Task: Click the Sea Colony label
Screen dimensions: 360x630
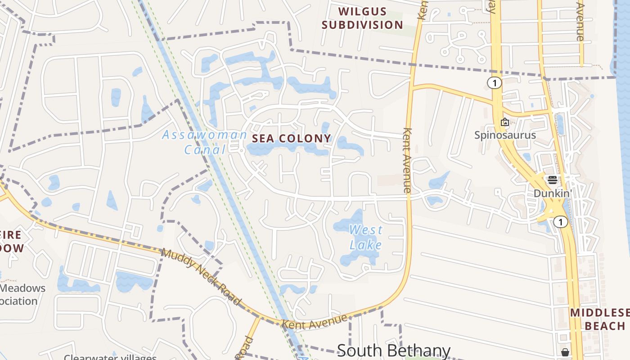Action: pos(291,139)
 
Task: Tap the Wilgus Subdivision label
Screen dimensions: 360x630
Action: pos(362,18)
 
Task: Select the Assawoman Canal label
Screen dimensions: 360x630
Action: pos(204,142)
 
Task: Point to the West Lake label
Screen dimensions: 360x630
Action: pos(366,237)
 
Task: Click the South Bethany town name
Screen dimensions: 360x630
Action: pos(393,350)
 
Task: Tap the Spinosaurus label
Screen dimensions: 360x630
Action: pos(505,135)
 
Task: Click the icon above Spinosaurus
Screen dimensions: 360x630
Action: pos(505,122)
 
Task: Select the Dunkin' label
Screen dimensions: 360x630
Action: pos(552,193)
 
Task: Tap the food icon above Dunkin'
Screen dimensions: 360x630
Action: pos(552,180)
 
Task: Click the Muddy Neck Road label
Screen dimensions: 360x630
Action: pos(201,277)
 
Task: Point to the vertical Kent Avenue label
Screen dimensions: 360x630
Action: pos(408,160)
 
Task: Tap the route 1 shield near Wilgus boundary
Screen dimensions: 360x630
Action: pos(494,83)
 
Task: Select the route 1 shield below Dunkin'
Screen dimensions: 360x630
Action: pos(560,221)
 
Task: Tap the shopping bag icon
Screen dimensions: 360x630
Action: pos(565,352)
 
